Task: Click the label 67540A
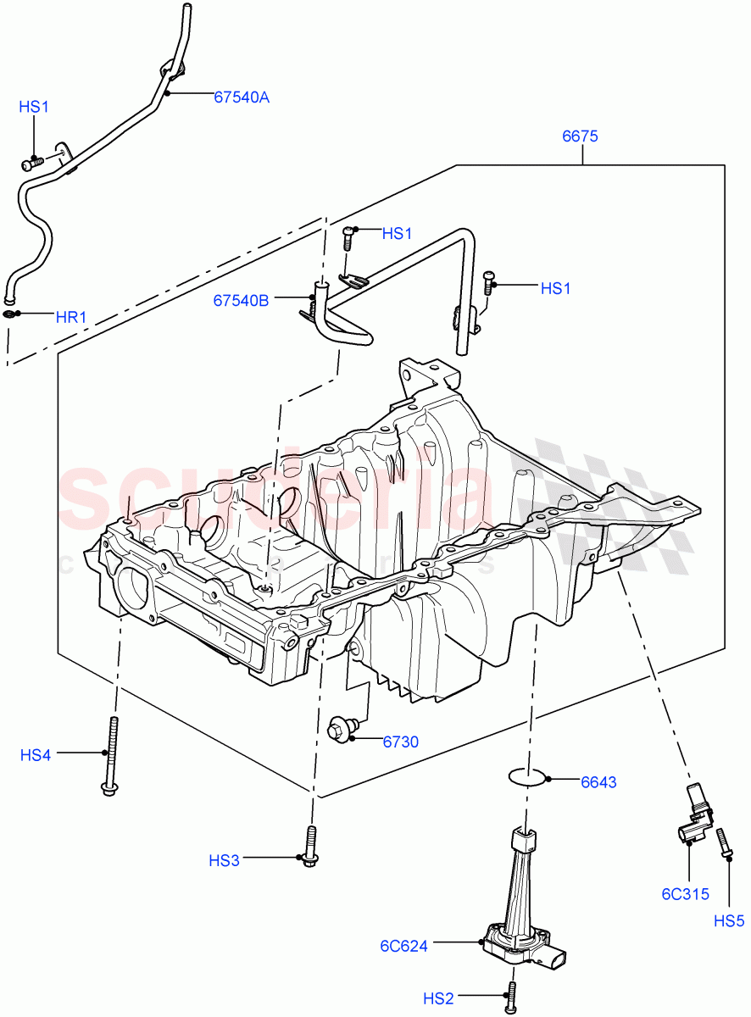click(241, 97)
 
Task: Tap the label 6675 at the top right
click(580, 136)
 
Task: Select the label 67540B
click(241, 300)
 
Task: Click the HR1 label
click(71, 318)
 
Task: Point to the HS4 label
click(36, 754)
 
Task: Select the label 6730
click(400, 742)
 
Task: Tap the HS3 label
click(225, 861)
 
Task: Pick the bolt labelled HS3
click(311, 847)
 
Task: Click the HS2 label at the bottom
click(438, 1000)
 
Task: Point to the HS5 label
click(728, 920)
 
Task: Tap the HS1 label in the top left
click(34, 107)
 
